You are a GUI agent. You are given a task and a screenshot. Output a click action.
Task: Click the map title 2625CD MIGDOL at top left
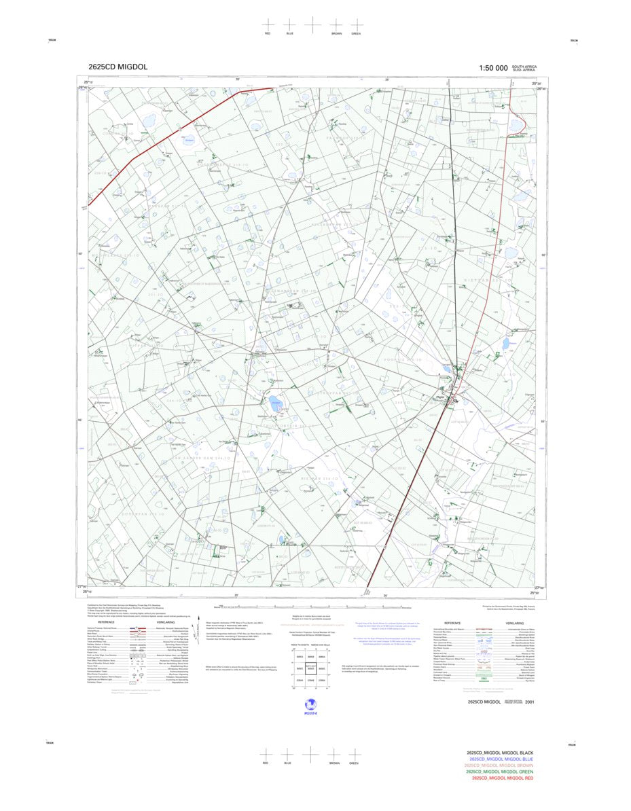tap(118, 67)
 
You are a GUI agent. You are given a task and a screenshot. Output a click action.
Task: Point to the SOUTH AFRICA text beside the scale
tap(524, 66)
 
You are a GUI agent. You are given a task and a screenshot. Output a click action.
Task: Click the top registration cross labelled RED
tap(268, 24)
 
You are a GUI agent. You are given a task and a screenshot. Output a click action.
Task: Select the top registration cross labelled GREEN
tap(356, 24)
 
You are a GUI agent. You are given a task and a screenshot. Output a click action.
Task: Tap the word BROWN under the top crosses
tap(336, 33)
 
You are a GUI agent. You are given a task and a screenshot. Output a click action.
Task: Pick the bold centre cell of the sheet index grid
tap(310, 668)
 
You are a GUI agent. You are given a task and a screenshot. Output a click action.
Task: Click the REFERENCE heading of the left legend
tap(106, 622)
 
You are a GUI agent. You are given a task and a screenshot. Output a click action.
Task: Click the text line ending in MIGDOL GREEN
tap(499, 772)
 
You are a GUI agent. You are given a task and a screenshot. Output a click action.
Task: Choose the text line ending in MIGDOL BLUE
tap(501, 759)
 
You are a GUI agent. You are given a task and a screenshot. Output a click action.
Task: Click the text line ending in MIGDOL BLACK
tap(500, 753)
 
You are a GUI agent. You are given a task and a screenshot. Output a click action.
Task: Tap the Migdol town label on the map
tap(440, 398)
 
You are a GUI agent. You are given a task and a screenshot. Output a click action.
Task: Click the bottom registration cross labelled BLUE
tap(287, 753)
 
